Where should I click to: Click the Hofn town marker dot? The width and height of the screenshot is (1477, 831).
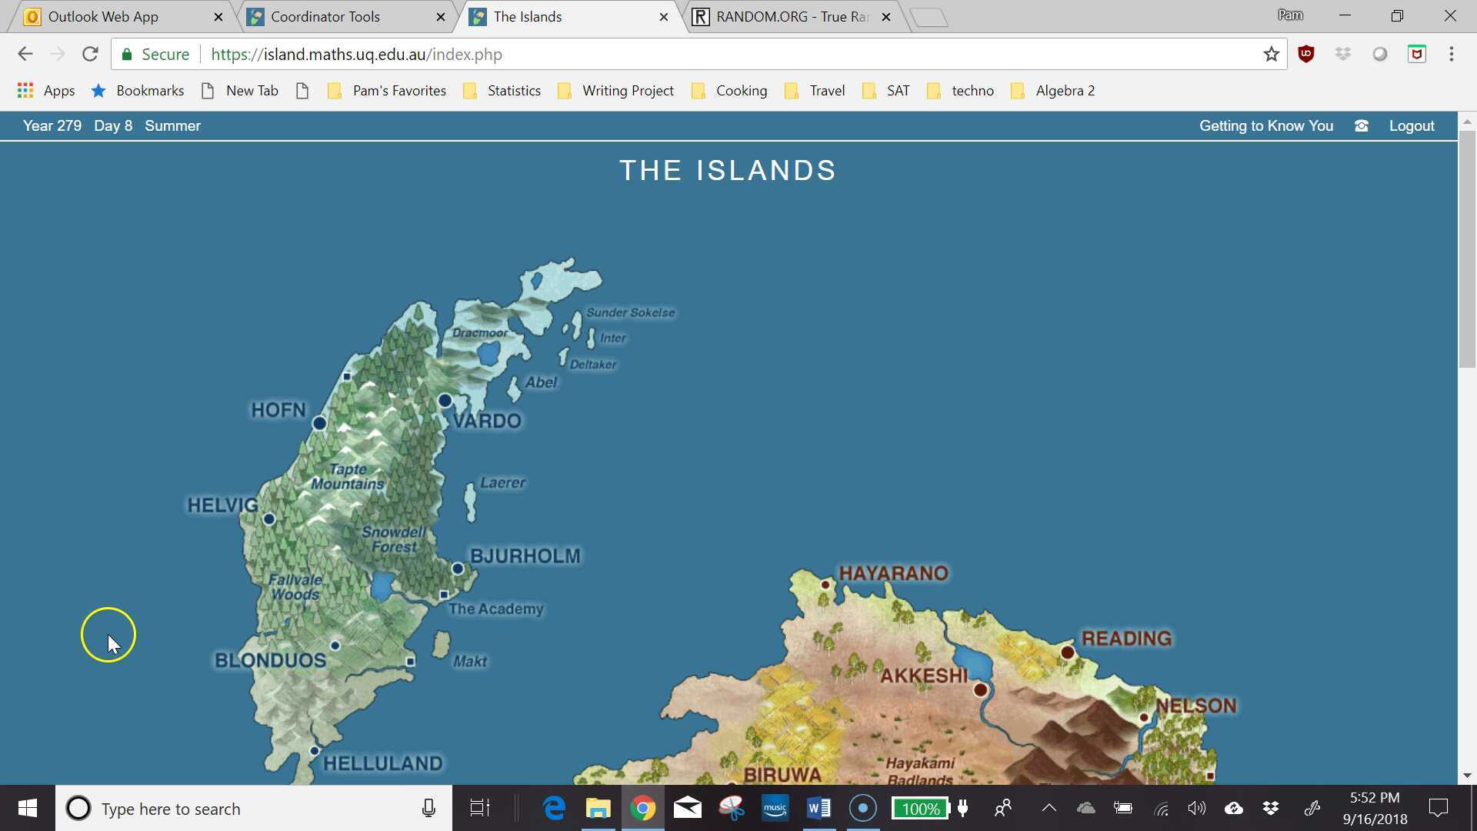coord(319,423)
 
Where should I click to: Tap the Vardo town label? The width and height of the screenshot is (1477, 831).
coord(487,421)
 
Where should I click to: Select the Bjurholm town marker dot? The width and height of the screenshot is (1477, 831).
coord(458,569)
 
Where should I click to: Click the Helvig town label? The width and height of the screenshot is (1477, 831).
coord(222,506)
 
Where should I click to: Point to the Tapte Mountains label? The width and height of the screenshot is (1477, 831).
coord(348,476)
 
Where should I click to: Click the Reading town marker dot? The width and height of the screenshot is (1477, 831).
coord(1067,652)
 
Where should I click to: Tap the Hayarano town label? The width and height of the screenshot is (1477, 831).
coord(892,573)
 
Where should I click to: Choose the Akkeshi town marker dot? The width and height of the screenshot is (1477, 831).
coord(980,689)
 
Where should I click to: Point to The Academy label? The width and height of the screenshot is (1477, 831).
coord(495,609)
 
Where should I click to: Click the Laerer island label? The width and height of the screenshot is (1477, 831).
coord(502,482)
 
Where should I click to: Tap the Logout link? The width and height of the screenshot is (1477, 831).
coord(1411,125)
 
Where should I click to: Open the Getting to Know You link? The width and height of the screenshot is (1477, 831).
coord(1265,125)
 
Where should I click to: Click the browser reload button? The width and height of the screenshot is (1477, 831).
coord(90,54)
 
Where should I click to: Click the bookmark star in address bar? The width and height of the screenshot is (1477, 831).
coord(1271,54)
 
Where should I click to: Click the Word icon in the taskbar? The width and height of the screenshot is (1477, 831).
coord(819,809)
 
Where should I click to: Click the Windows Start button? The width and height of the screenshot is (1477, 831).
coord(28,809)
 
